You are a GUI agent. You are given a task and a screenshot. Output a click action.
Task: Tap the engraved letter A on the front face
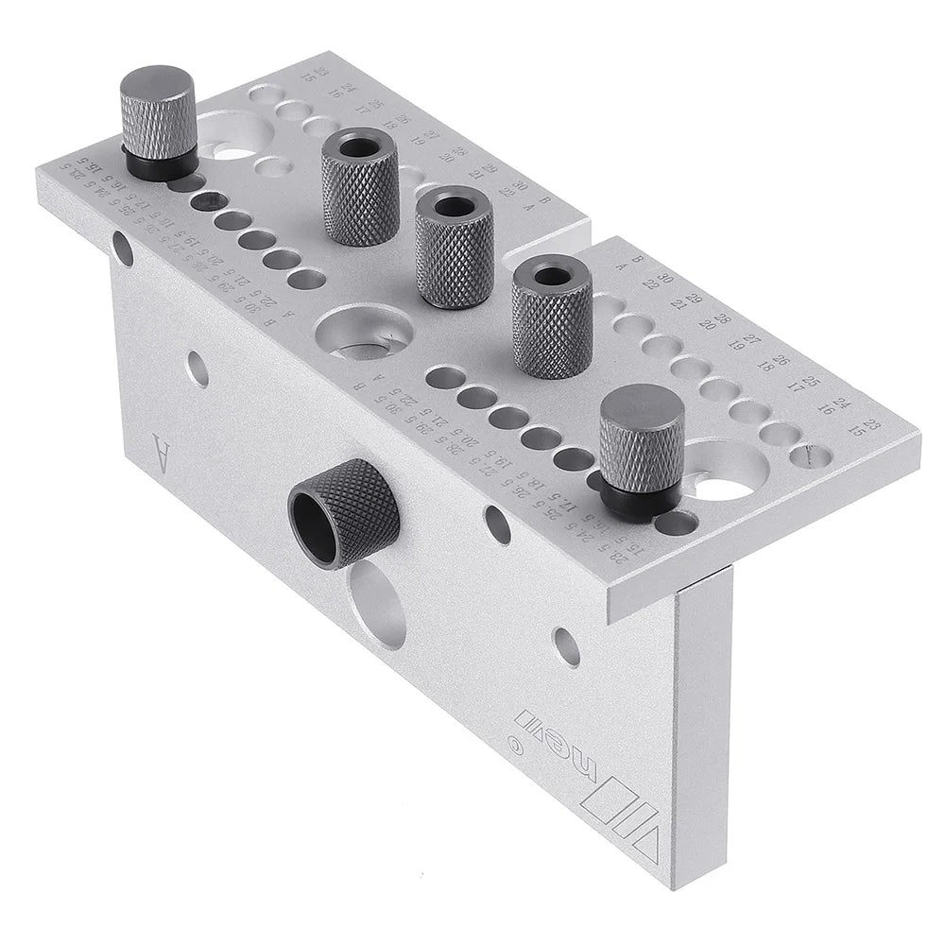(x=162, y=455)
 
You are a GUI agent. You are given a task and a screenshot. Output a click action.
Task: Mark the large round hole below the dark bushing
(x=377, y=605)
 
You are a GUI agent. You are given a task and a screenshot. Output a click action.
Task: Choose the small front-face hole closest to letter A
(x=197, y=369)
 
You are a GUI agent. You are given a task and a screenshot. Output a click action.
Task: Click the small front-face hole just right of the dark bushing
(x=497, y=524)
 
